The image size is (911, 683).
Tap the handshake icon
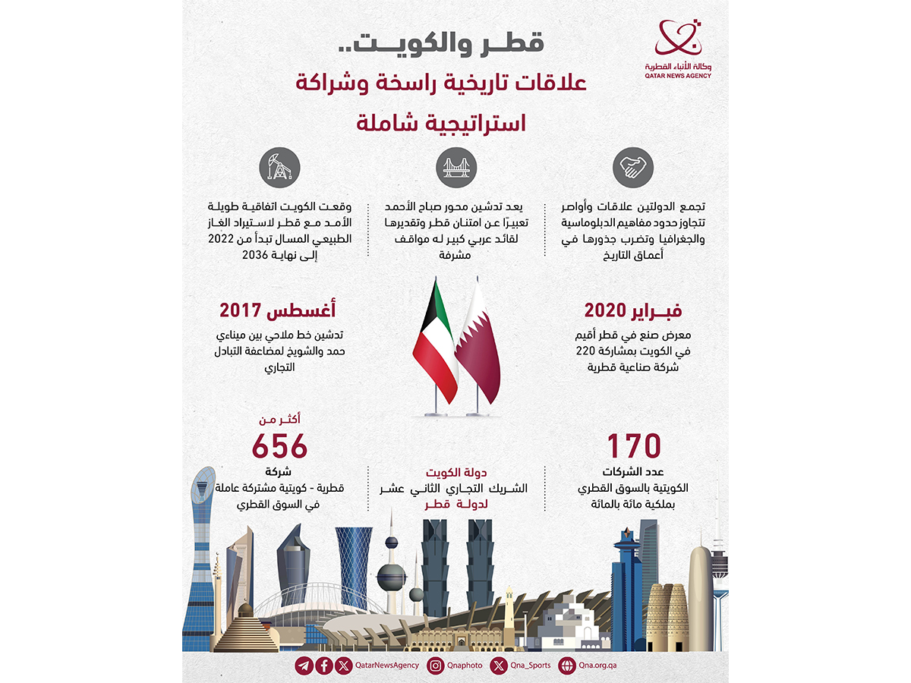click(633, 168)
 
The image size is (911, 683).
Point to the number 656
click(279, 445)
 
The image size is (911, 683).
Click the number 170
click(634, 445)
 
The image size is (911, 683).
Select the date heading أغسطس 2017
click(279, 310)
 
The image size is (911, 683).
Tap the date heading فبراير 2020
click(633, 310)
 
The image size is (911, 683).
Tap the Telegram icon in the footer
click(304, 666)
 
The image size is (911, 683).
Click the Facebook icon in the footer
click(324, 666)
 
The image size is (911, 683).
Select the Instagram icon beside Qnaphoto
click(435, 666)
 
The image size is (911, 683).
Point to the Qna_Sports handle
click(530, 666)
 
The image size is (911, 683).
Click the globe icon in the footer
click(566, 666)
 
